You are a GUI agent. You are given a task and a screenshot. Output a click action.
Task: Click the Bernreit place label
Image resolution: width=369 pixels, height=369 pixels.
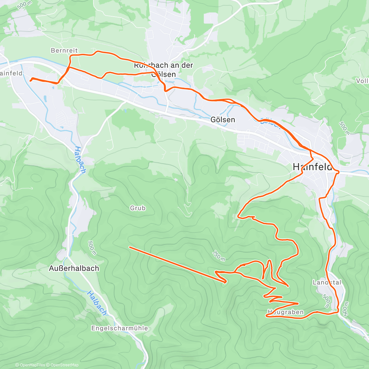click(x=64, y=50)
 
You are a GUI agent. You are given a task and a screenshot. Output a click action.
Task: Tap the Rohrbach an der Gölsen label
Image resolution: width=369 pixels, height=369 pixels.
click(x=164, y=70)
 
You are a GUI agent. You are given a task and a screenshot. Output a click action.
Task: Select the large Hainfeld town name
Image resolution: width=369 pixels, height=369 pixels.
click(x=312, y=167)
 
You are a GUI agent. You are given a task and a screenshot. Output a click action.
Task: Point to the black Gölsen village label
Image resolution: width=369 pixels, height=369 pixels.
click(x=223, y=120)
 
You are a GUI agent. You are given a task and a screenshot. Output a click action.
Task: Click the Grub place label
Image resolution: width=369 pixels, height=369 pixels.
click(x=137, y=208)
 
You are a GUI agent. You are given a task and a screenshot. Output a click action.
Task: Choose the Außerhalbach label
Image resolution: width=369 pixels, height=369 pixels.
click(x=74, y=268)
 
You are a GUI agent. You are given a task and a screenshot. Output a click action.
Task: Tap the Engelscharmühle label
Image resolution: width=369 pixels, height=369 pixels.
click(x=120, y=328)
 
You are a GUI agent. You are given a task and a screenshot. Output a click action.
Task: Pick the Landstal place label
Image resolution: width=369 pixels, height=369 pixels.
click(x=327, y=282)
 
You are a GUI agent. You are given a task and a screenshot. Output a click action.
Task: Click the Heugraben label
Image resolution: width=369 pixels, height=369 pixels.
click(x=285, y=312)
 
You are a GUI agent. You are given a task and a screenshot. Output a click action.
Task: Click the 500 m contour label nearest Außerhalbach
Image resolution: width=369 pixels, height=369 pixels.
click(x=92, y=248)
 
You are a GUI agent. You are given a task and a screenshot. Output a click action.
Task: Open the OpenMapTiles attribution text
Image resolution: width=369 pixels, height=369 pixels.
click(x=30, y=365)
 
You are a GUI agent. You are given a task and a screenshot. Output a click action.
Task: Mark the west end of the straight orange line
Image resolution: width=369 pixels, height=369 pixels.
click(x=129, y=247)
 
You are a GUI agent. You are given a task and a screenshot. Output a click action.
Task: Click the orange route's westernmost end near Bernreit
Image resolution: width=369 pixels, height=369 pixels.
click(x=30, y=80)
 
